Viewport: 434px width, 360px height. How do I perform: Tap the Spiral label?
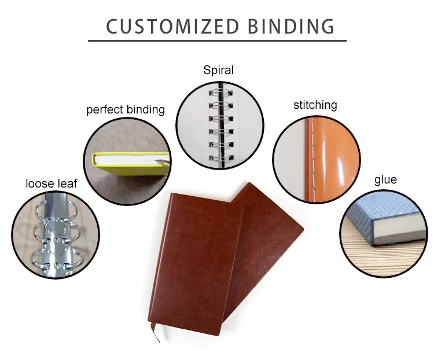(218, 71)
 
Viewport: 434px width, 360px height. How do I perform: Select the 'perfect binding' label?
(126, 109)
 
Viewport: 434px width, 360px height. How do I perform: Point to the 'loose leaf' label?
(51, 183)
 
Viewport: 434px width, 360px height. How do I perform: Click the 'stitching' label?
(315, 105)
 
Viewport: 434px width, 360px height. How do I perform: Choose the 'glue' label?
(385, 179)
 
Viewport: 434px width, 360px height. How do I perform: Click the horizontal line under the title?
(217, 41)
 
